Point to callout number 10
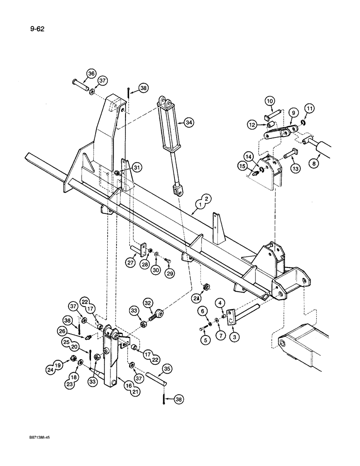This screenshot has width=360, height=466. coord(270,101)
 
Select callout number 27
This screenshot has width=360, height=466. coord(130,263)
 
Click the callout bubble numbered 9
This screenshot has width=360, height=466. coord(293,113)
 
